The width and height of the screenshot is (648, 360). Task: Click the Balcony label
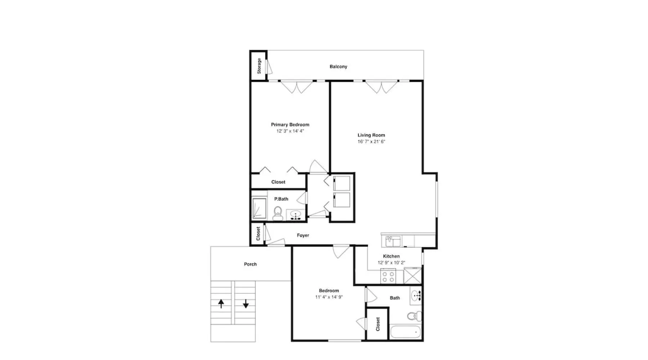[338, 67]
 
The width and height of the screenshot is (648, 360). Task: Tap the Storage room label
[259, 66]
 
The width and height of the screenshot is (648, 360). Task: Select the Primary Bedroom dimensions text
[290, 131]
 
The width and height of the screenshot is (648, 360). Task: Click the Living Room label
[371, 135]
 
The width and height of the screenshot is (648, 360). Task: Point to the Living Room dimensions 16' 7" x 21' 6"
[371, 141]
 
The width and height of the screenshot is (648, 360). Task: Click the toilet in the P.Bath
[278, 213]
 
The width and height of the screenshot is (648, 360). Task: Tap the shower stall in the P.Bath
[259, 208]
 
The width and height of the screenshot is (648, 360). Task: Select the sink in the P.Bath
[296, 215]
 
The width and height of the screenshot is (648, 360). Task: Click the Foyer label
[303, 235]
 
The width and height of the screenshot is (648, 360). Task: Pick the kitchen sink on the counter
[393, 241]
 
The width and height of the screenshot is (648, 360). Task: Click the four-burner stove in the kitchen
[388, 276]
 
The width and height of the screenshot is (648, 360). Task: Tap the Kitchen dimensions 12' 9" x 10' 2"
[391, 263]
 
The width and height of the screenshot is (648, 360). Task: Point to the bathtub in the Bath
[405, 332]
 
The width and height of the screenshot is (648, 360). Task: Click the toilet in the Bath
[414, 316]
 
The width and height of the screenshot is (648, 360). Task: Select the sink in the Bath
[416, 297]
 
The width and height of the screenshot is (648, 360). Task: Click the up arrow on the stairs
[221, 304]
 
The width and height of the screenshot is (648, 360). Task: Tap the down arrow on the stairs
[246, 304]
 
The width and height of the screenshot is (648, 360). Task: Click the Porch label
[250, 264]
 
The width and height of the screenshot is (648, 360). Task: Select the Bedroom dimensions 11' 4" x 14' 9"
[329, 297]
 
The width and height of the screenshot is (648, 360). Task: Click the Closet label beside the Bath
[378, 324]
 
